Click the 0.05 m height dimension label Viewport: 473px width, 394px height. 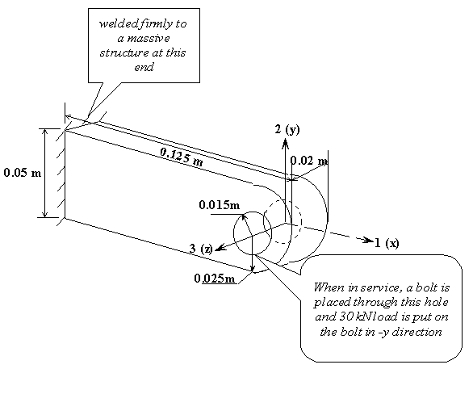pyautogui.click(x=23, y=173)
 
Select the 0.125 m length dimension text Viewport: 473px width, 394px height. pyautogui.click(x=182, y=157)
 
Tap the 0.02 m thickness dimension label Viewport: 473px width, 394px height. pyautogui.click(x=309, y=161)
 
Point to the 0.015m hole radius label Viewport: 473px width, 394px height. pyautogui.click(x=220, y=205)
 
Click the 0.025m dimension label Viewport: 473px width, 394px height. pyautogui.click(x=215, y=279)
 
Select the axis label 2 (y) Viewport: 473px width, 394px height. pyautogui.click(x=287, y=129)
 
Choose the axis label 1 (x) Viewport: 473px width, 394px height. pyautogui.click(x=387, y=243)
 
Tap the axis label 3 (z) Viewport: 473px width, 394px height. pyautogui.click(x=201, y=249)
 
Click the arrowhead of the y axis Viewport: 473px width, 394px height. pyautogui.click(x=286, y=143)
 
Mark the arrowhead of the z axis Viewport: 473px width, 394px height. pyautogui.click(x=220, y=247)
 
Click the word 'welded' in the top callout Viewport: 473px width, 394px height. pyautogui.click(x=119, y=24)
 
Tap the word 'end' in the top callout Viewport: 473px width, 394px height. pyautogui.click(x=144, y=67)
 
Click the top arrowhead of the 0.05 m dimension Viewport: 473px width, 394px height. pyautogui.click(x=45, y=132)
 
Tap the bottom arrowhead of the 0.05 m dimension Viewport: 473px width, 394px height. pyautogui.click(x=45, y=214)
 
